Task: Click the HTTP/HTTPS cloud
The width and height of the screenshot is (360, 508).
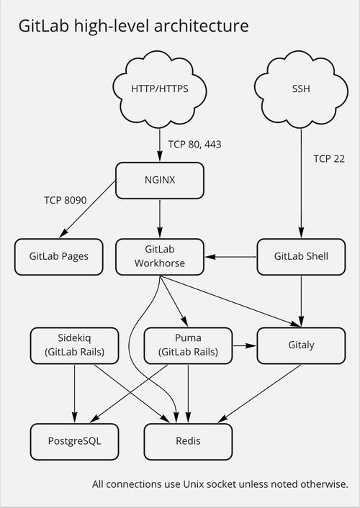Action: (x=160, y=90)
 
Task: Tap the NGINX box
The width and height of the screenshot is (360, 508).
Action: (x=160, y=180)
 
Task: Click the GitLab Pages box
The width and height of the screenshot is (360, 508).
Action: (x=59, y=256)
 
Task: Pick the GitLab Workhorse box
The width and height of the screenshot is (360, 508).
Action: (x=160, y=256)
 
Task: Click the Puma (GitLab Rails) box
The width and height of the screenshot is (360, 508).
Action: (x=188, y=345)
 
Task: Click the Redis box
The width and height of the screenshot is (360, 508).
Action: (x=188, y=440)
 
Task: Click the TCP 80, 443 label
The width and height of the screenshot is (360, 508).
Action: (x=194, y=145)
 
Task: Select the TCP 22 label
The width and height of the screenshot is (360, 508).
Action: (x=330, y=158)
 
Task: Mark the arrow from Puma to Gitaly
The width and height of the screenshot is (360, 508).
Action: (x=245, y=345)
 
